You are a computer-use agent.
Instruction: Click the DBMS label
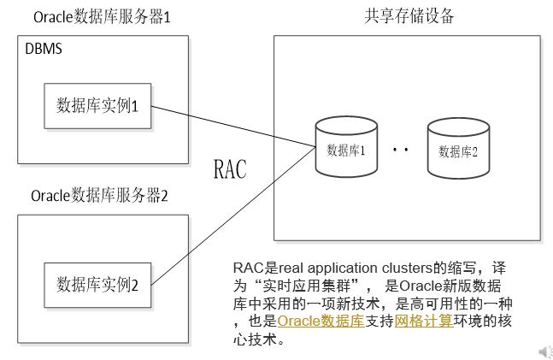(x=44, y=49)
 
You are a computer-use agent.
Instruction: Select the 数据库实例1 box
(x=97, y=106)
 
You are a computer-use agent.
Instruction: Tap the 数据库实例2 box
(x=97, y=285)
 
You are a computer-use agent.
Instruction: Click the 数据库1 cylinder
(x=346, y=147)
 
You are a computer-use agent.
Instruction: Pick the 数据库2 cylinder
(x=458, y=148)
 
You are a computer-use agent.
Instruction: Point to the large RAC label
(x=230, y=169)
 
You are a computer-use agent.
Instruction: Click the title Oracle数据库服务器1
(x=102, y=17)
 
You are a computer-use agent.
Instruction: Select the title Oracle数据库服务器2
(x=99, y=196)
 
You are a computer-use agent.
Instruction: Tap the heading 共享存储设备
(x=409, y=16)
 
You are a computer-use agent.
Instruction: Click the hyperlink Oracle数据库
(x=321, y=321)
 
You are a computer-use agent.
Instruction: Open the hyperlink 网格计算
(x=424, y=321)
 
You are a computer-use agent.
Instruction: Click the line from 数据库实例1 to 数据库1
(x=233, y=127)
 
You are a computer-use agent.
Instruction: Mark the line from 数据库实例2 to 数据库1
(x=233, y=216)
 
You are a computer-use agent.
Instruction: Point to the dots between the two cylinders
(x=401, y=150)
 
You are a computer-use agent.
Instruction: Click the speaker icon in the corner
(x=546, y=352)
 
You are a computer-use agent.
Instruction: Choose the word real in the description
(x=291, y=268)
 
